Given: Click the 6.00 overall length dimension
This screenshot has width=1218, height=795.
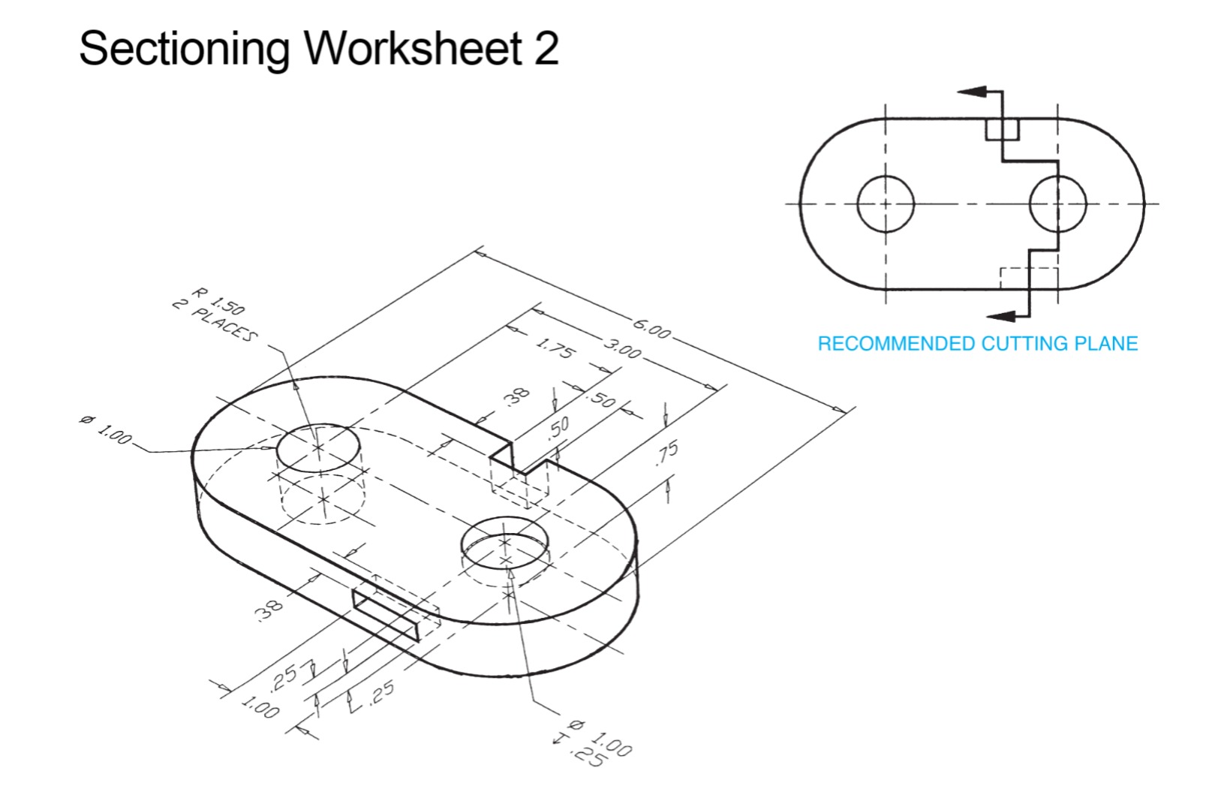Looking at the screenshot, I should pos(651,328).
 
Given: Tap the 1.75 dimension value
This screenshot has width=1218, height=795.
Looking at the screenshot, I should pos(556,348).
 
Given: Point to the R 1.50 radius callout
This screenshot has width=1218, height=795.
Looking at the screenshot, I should pos(218,300).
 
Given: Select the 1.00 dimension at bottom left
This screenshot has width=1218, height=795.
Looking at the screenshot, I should pos(260,706).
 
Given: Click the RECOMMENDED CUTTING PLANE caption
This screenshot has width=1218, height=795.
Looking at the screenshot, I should pos(977,344).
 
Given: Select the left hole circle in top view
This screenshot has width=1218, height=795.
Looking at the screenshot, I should pos(885,203).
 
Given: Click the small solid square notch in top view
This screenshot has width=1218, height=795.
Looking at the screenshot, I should pos(1002,129).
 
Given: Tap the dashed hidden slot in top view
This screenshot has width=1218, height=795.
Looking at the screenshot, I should pos(1027,278).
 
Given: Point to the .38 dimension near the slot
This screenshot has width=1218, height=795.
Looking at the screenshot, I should pos(269,610).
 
